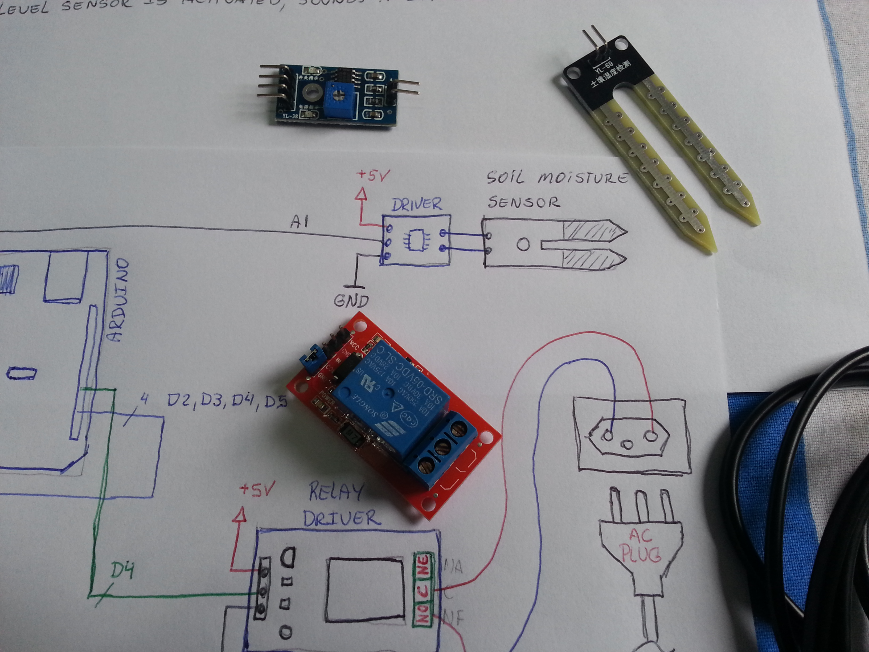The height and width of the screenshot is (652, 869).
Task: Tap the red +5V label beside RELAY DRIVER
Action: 257,489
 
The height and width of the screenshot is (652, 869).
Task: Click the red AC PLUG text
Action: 640,545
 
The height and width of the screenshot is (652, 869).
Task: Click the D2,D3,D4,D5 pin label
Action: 227,401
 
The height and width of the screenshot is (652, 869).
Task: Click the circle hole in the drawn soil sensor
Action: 523,245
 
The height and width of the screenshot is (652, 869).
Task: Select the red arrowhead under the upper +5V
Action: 361,194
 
